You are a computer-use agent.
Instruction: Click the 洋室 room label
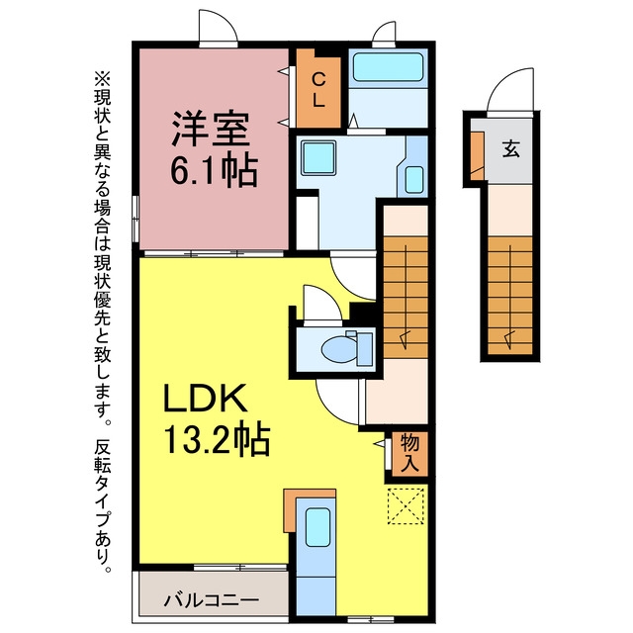click(x=211, y=129)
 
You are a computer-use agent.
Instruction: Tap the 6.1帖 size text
click(x=214, y=170)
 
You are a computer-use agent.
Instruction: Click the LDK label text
click(x=206, y=399)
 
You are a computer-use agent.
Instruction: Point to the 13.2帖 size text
click(x=217, y=439)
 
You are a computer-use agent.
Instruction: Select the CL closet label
click(x=318, y=90)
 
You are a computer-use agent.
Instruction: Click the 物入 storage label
click(x=409, y=454)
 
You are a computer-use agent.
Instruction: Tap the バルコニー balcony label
click(x=211, y=600)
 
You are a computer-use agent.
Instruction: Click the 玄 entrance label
click(x=510, y=148)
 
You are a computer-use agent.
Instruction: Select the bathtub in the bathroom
click(x=388, y=67)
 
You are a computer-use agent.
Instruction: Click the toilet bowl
click(x=340, y=349)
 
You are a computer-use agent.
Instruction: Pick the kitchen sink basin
click(x=317, y=527)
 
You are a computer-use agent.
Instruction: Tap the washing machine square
click(x=318, y=157)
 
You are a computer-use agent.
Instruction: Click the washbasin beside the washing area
click(x=413, y=180)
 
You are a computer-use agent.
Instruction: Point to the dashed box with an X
click(x=406, y=506)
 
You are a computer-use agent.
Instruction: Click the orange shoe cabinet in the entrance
click(x=477, y=156)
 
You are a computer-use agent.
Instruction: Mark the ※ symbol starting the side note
click(x=102, y=79)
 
